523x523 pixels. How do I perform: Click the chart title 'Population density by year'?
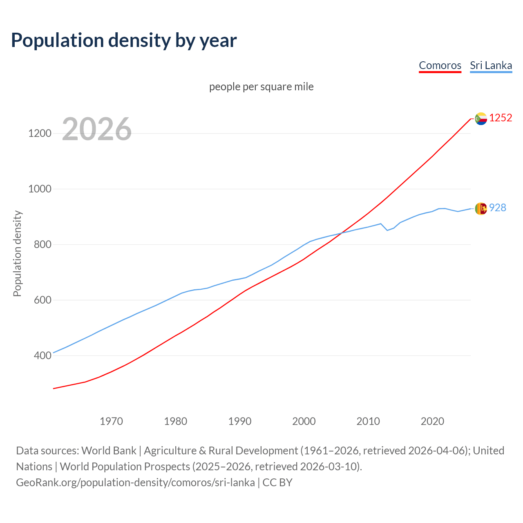tap(124, 40)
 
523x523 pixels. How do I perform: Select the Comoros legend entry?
tap(440, 65)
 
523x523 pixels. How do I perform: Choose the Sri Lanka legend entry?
tap(491, 65)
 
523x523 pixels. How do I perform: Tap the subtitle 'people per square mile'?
tap(261, 87)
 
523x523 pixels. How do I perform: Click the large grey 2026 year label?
tap(97, 129)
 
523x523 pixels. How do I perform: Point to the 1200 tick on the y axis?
tap(40, 133)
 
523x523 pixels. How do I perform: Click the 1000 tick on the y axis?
tap(40, 189)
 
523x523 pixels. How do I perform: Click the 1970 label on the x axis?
tap(111, 421)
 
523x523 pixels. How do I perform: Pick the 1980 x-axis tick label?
tap(175, 421)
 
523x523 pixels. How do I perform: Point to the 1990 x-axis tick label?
tap(240, 421)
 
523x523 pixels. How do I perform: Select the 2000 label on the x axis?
tap(304, 421)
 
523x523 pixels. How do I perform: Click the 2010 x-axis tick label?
tap(368, 421)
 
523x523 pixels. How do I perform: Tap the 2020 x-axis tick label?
tap(432, 421)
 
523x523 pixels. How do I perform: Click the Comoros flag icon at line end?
tap(481, 118)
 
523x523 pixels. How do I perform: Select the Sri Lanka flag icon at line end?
tap(481, 208)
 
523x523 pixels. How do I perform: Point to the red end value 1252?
tap(501, 118)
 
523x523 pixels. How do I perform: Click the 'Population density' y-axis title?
tap(17, 253)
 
